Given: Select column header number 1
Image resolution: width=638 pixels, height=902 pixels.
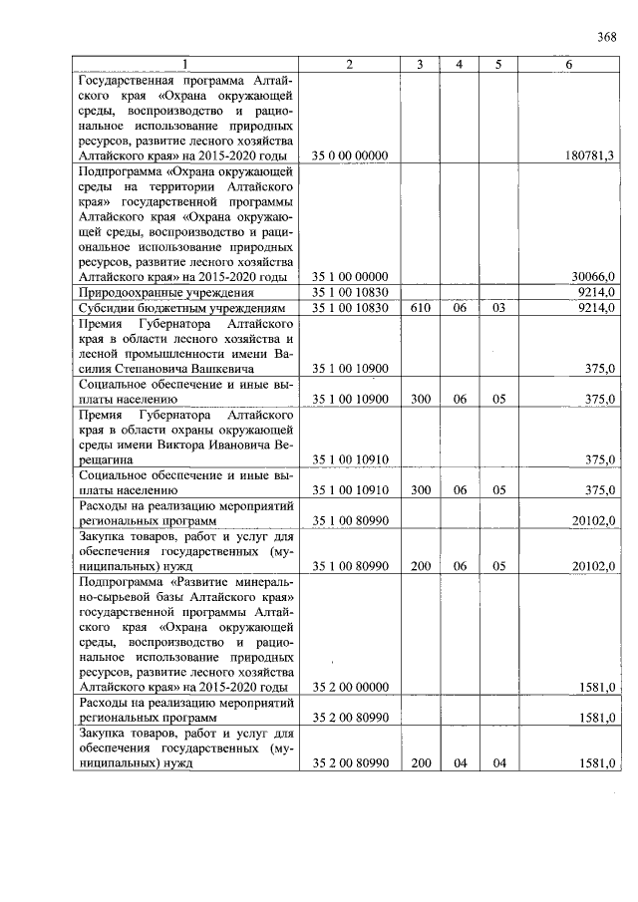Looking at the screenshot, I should pyautogui.click(x=183, y=65).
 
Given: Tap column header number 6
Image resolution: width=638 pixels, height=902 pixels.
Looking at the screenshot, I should pyautogui.click(x=568, y=65).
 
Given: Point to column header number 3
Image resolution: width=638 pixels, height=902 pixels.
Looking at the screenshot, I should pyautogui.click(x=421, y=65).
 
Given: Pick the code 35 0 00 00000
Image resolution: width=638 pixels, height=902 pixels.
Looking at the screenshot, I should pyautogui.click(x=350, y=155).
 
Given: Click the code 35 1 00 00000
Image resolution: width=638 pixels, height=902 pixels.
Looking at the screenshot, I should pyautogui.click(x=350, y=276).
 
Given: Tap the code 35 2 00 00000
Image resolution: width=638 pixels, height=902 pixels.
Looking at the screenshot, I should pyautogui.click(x=350, y=687).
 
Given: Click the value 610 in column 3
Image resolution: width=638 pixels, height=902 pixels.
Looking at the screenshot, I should pyautogui.click(x=421, y=309).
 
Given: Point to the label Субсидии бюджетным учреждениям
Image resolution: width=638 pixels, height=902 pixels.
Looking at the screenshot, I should pyautogui.click(x=180, y=309).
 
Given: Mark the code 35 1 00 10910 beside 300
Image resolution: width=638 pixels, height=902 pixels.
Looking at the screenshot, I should pyautogui.click(x=350, y=489).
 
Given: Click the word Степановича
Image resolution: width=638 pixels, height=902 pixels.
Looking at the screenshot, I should pyautogui.click(x=152, y=369).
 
